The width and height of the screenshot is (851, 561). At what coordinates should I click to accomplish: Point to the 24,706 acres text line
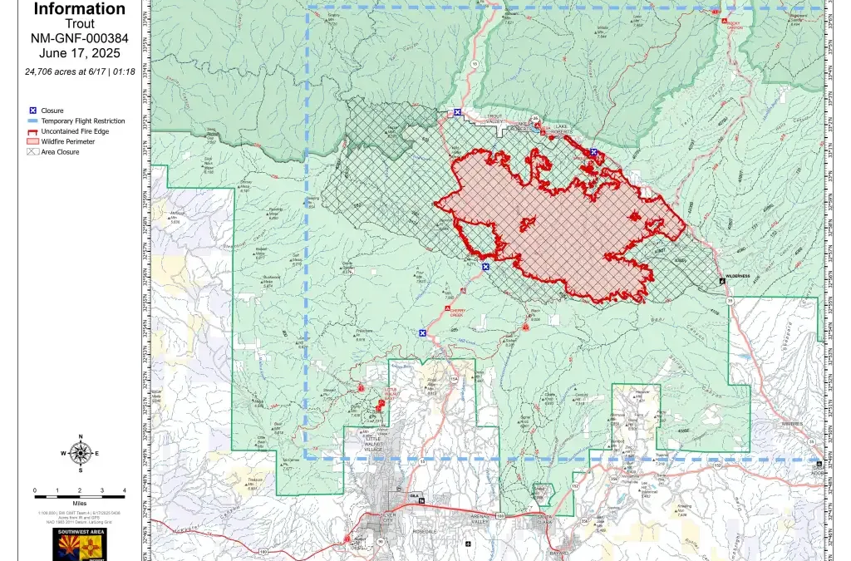point(80,71)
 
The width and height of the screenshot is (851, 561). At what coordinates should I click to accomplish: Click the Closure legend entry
point(52,111)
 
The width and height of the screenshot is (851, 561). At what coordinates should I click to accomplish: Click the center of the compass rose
point(81,453)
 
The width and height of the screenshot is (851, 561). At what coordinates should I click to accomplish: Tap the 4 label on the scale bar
point(124,491)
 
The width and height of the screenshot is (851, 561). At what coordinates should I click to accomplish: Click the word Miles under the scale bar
point(80,502)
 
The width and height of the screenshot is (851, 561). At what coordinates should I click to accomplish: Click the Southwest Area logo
point(80,544)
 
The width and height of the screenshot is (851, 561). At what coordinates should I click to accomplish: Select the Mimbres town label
point(791,424)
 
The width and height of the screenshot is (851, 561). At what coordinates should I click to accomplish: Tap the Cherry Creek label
point(455,313)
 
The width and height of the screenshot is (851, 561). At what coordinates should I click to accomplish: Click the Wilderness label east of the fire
point(738,275)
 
